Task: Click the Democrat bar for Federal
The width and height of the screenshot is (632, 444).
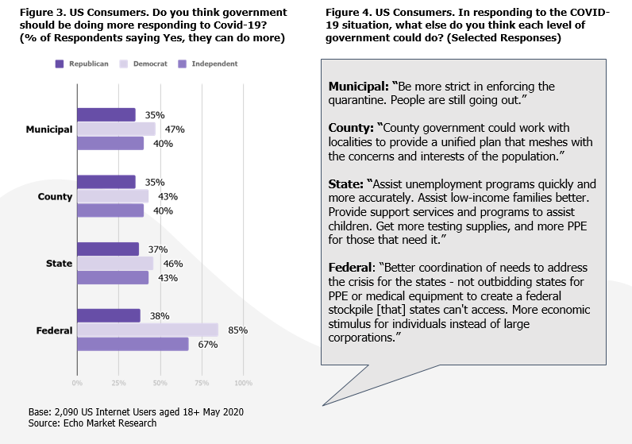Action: (148, 330)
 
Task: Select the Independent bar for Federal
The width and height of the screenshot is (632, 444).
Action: (133, 344)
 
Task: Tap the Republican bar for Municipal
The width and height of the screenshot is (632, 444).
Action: (106, 114)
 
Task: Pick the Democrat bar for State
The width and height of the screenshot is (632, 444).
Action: (115, 263)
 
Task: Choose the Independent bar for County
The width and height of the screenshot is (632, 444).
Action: (110, 210)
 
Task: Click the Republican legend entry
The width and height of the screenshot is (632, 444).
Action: (82, 64)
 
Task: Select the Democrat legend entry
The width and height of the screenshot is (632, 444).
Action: (144, 64)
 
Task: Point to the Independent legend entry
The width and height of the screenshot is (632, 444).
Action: (202, 64)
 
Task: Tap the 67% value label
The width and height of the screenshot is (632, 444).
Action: (208, 344)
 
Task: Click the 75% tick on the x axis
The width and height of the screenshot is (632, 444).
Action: (202, 382)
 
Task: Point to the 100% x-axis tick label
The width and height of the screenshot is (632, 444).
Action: (242, 382)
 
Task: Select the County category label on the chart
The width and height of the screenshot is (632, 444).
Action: (56, 196)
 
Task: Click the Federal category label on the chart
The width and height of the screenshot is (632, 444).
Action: (54, 330)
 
